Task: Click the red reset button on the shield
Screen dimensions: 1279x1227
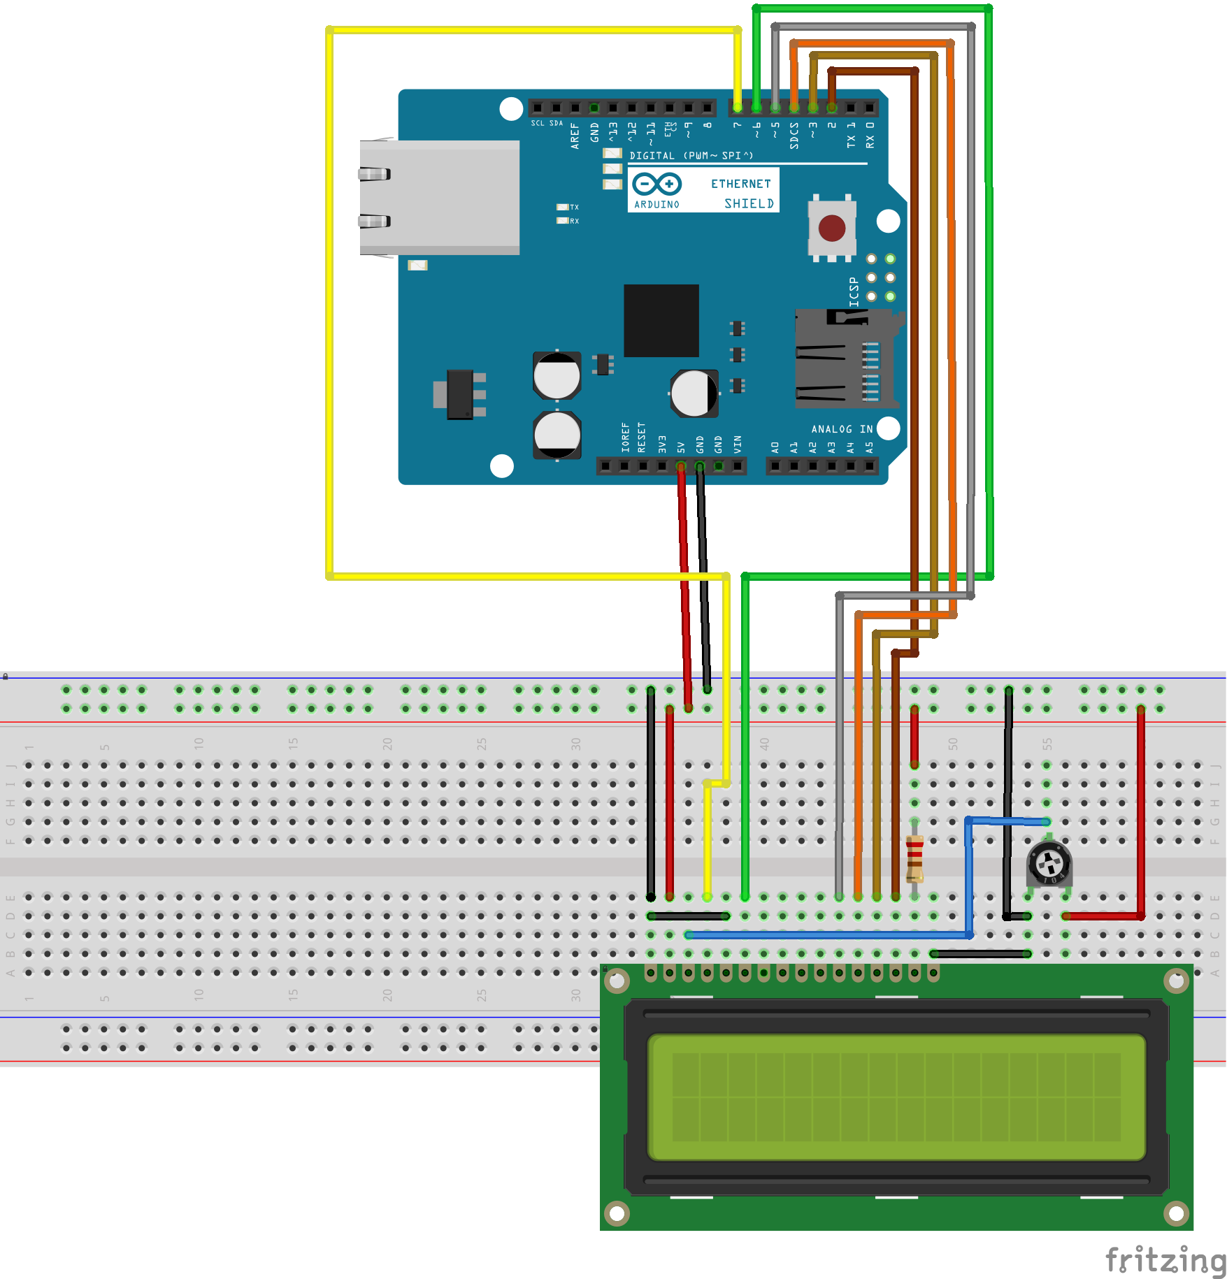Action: pyautogui.click(x=831, y=228)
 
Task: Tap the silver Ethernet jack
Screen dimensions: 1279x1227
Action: pyautogui.click(x=439, y=197)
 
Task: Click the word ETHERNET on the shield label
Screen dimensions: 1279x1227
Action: pyautogui.click(x=740, y=184)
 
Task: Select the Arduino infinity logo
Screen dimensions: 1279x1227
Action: pyautogui.click(x=656, y=185)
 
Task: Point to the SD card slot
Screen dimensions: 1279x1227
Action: pyautogui.click(x=846, y=359)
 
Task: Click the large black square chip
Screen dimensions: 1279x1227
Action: pyautogui.click(x=661, y=320)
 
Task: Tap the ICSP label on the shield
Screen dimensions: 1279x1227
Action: pyautogui.click(x=854, y=291)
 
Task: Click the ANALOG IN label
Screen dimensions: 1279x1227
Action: pyautogui.click(x=841, y=429)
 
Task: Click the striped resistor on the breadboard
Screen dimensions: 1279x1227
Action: pyautogui.click(x=914, y=859)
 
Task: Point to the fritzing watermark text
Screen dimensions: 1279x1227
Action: pyautogui.click(x=1165, y=1260)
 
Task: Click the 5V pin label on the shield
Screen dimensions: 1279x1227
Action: pyautogui.click(x=681, y=447)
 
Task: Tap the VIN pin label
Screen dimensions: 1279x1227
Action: pyautogui.click(x=737, y=444)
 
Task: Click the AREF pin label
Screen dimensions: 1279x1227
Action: pyautogui.click(x=575, y=136)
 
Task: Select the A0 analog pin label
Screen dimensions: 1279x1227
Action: pyautogui.click(x=775, y=447)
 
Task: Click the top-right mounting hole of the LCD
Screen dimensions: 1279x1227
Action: pyautogui.click(x=1176, y=981)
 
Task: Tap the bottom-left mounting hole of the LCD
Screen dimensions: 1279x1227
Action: pyautogui.click(x=617, y=1213)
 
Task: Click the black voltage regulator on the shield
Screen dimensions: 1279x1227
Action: pyautogui.click(x=460, y=395)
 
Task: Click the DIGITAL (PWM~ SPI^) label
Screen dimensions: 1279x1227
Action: pyautogui.click(x=691, y=155)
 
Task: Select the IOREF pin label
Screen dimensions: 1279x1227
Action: pyautogui.click(x=625, y=438)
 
